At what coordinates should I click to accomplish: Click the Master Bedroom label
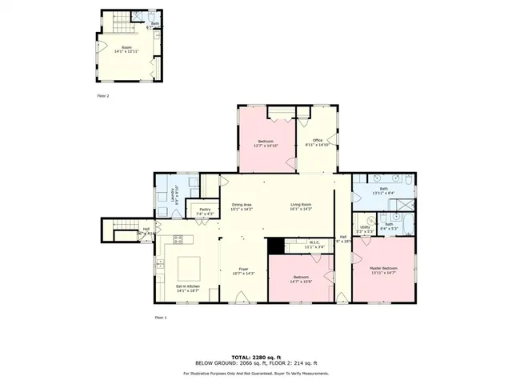(x=383, y=268)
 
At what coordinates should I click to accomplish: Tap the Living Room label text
(x=301, y=205)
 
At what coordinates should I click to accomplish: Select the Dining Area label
(x=242, y=205)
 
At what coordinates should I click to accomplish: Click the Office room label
(x=318, y=141)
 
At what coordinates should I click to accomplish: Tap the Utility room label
(x=365, y=227)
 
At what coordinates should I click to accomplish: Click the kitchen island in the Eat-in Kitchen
(x=189, y=264)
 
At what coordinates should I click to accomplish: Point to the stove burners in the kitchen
(x=178, y=239)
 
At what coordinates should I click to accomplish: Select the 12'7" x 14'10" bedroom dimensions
(x=266, y=146)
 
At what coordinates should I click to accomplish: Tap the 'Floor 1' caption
(x=161, y=318)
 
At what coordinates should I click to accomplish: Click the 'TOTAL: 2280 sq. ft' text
(x=255, y=356)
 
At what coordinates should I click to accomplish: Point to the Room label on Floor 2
(x=126, y=47)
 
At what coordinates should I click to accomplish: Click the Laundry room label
(x=163, y=197)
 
